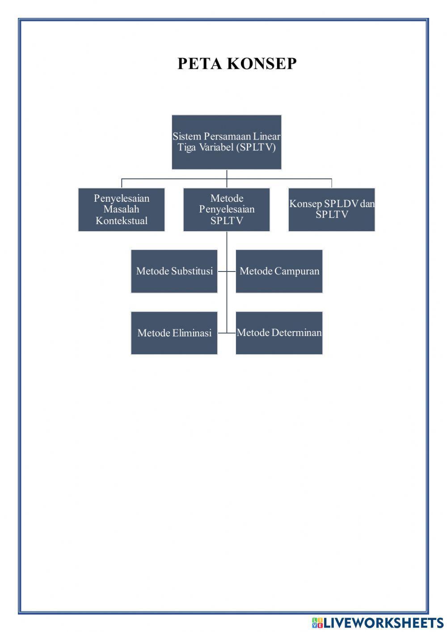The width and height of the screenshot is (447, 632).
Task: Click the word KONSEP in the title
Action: (262, 64)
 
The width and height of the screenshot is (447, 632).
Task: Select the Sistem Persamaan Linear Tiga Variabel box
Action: (227, 142)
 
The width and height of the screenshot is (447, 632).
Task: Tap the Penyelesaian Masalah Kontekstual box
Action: (122, 209)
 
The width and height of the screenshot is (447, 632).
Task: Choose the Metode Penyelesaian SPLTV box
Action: (227, 209)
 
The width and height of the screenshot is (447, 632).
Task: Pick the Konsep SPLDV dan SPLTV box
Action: (332, 209)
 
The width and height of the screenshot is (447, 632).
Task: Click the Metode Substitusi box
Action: (174, 271)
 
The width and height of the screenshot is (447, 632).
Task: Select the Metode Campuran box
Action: (279, 271)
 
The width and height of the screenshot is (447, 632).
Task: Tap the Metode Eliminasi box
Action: (174, 333)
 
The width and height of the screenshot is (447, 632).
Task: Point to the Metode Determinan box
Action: (279, 333)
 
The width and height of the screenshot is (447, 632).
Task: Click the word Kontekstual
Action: (122, 221)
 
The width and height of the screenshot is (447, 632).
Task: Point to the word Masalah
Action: (122, 209)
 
